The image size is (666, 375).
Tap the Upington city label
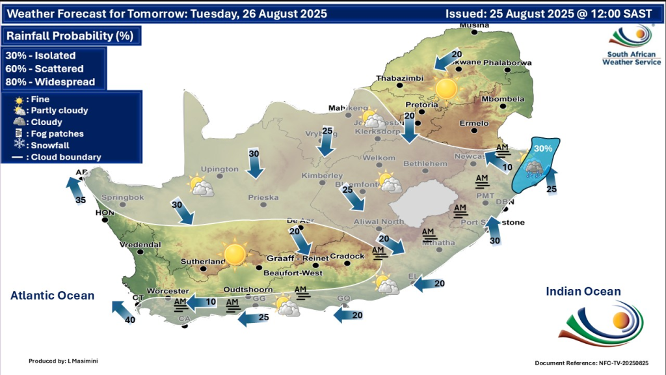pos(220,169)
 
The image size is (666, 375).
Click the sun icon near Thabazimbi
pos(447,88)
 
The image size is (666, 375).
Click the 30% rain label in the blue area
pos(543,148)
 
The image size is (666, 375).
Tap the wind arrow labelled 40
pos(122,311)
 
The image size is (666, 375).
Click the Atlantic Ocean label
pos(52,296)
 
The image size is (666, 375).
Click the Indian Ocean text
pos(583,292)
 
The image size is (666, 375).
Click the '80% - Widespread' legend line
pos(50,82)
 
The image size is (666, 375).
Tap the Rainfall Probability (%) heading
pos(70,36)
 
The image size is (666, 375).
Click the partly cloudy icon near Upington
pos(200,187)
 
